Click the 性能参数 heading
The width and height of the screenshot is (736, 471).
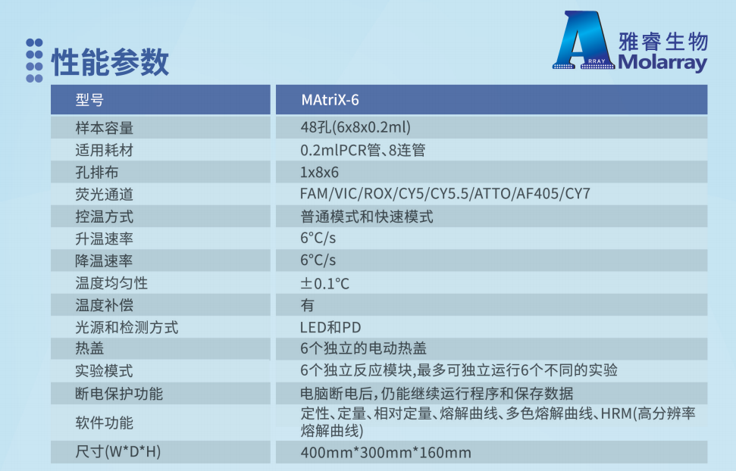(x=110, y=62)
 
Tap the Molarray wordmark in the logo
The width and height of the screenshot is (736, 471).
(x=662, y=62)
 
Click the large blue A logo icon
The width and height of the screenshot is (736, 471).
(x=584, y=40)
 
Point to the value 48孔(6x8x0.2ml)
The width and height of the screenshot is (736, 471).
(x=355, y=127)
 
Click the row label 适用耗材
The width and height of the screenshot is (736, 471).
(x=104, y=150)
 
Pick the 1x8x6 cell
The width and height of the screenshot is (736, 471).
(x=319, y=172)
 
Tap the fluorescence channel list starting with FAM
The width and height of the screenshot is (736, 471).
(x=445, y=194)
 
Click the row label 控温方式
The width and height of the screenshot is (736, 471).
(x=104, y=217)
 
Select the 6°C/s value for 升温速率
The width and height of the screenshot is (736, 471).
(x=318, y=239)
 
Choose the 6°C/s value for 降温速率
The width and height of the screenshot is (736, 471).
(x=318, y=260)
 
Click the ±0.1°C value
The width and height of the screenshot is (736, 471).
(x=325, y=283)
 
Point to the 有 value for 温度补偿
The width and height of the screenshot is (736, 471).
(x=308, y=305)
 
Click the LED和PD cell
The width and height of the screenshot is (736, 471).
(x=330, y=327)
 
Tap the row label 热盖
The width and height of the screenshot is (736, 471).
(x=89, y=348)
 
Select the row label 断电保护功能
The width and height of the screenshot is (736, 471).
(x=119, y=394)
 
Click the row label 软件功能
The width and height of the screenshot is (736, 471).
(x=104, y=423)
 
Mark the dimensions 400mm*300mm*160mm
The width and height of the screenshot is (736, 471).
(x=386, y=453)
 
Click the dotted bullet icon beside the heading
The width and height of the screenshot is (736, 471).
(x=34, y=61)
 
